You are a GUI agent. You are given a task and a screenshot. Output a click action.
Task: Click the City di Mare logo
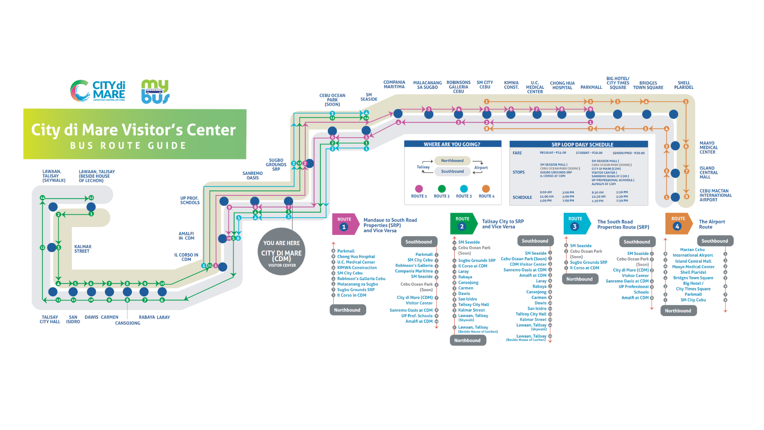tap(98, 91)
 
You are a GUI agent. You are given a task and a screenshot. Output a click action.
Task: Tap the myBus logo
tap(155, 92)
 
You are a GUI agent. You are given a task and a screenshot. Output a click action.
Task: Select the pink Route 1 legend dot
tap(419, 189)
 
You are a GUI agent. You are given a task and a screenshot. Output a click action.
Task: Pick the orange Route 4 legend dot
tap(486, 189)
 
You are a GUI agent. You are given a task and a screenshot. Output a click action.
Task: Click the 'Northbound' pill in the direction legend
tap(452, 161)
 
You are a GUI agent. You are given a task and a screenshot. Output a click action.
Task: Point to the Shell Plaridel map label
tap(684, 85)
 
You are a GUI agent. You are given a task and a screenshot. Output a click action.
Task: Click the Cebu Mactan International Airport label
tap(715, 195)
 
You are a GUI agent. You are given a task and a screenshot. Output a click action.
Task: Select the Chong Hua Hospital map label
tap(562, 86)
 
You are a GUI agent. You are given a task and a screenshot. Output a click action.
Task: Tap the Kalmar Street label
tap(82, 249)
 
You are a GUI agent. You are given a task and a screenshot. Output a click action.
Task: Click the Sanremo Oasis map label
tap(252, 176)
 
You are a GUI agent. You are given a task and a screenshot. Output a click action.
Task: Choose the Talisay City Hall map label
tap(50, 319)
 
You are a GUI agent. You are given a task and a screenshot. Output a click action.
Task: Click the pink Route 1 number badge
tap(344, 227)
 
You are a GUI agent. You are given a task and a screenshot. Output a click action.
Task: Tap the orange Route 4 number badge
tap(677, 227)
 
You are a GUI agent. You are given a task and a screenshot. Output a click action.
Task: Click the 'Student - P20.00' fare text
tap(589, 153)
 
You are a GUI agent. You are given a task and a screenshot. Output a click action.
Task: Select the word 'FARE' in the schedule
tap(517, 153)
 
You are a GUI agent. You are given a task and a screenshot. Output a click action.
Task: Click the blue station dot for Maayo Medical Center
tap(675, 146)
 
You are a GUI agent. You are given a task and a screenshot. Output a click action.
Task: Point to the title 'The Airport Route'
tap(711, 224)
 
